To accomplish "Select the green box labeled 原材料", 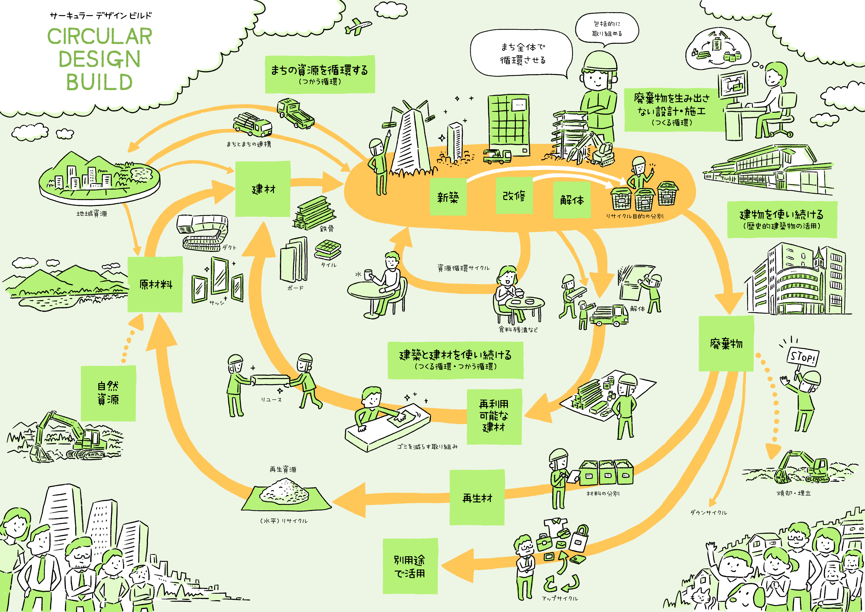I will (x=155, y=285).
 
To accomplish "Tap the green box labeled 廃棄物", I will (x=726, y=344).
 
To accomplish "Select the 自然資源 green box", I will (x=108, y=393).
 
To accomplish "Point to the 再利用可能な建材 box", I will (x=494, y=416).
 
